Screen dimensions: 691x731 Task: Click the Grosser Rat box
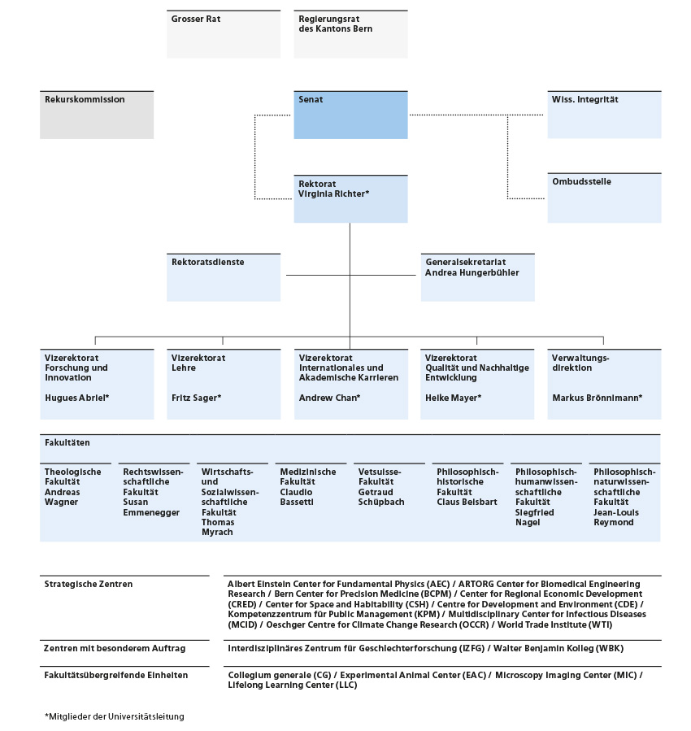click(224, 34)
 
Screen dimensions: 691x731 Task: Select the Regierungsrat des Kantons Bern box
click(351, 34)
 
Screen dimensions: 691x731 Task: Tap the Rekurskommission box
click(97, 115)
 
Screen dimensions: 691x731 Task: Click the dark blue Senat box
click(351, 115)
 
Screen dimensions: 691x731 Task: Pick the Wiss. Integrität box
click(604, 115)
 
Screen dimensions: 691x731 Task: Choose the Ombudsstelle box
click(604, 198)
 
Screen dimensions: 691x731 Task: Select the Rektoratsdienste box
click(224, 277)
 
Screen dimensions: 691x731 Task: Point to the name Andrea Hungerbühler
click(472, 272)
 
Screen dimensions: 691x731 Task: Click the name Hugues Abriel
click(77, 398)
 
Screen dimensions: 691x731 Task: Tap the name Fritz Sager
click(196, 398)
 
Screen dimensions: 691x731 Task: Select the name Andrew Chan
click(329, 398)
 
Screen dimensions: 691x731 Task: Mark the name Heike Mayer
click(453, 398)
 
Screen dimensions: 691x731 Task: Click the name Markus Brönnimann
click(598, 398)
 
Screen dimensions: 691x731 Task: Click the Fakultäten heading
click(67, 442)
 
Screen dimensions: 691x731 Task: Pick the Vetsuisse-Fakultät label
click(380, 476)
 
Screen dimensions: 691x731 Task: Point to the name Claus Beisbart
click(467, 502)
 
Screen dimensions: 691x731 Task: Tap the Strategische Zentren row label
click(89, 584)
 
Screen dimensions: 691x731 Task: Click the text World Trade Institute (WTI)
click(555, 624)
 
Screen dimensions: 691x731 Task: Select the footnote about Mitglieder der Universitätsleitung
click(115, 716)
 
